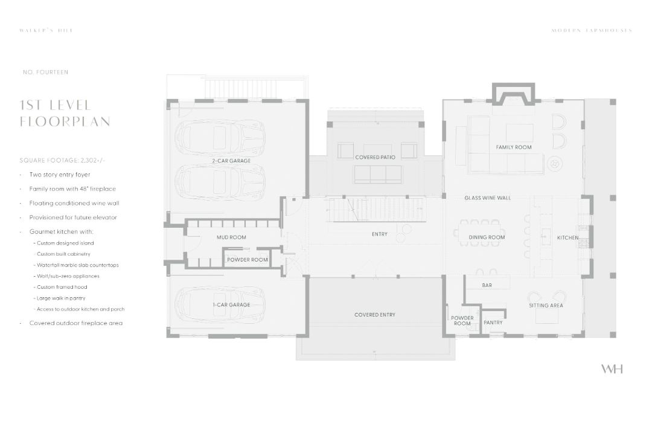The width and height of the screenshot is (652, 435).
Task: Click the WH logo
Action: click(612, 369)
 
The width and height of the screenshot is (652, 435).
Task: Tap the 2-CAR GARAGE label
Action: click(231, 161)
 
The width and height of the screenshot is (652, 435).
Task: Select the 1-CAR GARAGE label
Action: click(231, 305)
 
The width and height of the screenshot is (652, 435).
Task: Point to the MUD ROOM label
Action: click(231, 237)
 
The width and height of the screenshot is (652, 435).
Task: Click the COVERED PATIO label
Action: click(375, 157)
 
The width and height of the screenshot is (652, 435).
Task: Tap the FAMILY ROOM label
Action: click(514, 147)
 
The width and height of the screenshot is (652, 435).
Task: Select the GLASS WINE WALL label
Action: click(488, 198)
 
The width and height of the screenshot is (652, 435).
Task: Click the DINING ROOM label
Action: click(487, 237)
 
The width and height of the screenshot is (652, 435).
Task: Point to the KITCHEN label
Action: click(567, 237)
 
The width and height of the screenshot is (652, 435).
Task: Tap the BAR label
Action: click(487, 285)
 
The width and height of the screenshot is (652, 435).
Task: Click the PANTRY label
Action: click(493, 323)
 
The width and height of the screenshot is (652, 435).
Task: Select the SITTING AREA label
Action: click(546, 306)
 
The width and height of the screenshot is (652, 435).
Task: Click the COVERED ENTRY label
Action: click(375, 315)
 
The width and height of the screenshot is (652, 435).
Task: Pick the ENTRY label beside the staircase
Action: click(380, 234)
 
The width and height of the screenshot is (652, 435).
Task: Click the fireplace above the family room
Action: click(514, 95)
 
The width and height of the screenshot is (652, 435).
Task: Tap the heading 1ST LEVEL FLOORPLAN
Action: click(65, 113)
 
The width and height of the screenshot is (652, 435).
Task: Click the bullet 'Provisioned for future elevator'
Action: click(73, 217)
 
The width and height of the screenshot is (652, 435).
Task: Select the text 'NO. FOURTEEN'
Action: click(45, 72)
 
